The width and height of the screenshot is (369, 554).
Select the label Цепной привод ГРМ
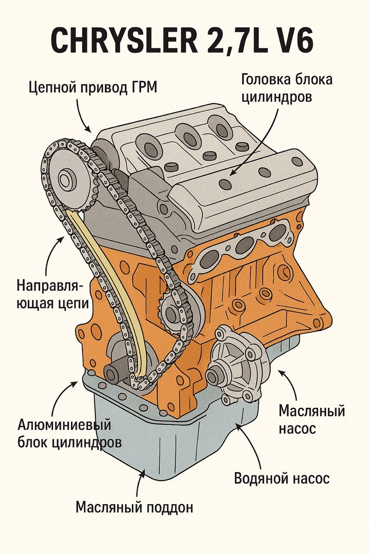[x=93, y=86]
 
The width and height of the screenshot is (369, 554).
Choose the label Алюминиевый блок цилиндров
[x=70, y=433]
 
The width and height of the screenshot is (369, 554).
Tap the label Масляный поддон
[x=134, y=507]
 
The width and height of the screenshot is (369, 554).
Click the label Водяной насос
[x=282, y=478]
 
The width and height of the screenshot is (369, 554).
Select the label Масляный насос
[x=312, y=419]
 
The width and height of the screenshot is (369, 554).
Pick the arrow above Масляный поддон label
[x=140, y=482]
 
